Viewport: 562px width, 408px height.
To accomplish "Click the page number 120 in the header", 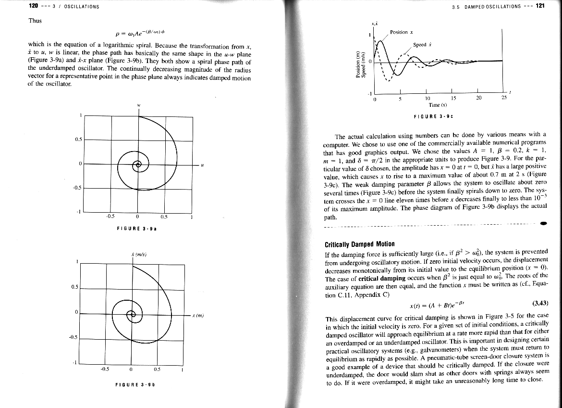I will tap(33, 6).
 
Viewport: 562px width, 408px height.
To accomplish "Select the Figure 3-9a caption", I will tap(137, 228).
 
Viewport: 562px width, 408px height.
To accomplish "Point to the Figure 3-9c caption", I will tap(434, 117).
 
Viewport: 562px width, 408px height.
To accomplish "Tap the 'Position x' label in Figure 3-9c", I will tap(402, 32).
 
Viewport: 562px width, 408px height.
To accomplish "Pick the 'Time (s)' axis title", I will tap(438, 104).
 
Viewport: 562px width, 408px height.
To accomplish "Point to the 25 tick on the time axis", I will tap(503, 99).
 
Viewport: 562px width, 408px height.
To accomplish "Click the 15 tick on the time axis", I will tap(452, 99).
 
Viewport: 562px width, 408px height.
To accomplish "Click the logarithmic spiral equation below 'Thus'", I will tap(139, 33).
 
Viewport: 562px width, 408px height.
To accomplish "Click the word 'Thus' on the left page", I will tap(35, 21).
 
